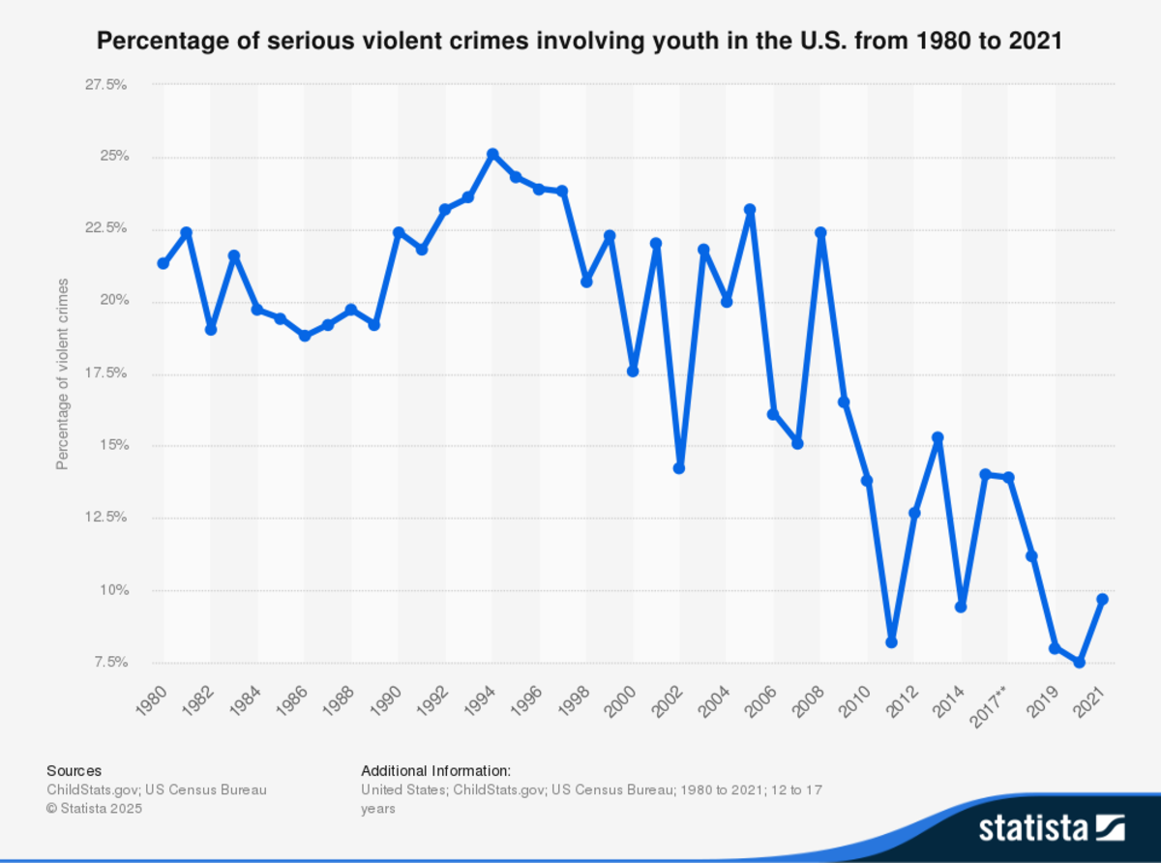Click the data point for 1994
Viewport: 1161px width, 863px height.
(492, 154)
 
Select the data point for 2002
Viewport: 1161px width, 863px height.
(679, 468)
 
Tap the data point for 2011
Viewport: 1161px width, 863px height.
(891, 642)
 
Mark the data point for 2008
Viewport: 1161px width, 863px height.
(820, 232)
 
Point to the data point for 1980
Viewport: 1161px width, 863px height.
(163, 264)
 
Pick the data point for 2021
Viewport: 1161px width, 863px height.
(1102, 600)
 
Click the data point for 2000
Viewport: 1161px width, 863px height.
(633, 372)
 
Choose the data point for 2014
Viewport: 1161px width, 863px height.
(961, 607)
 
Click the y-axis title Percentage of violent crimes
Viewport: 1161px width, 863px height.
(63, 373)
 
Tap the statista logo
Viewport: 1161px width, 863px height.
(1051, 827)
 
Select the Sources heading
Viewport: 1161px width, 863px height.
(74, 771)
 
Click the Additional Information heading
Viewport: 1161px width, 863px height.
(435, 771)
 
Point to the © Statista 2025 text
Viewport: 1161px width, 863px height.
(94, 808)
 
